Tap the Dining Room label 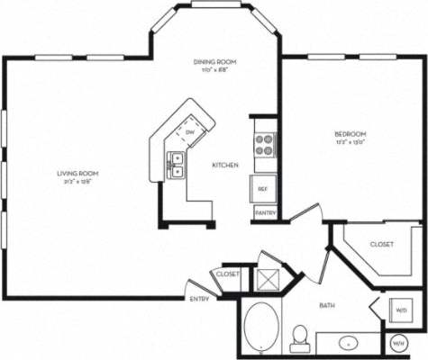[214, 60]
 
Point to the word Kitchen [224, 166]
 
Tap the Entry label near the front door [199, 299]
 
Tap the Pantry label [265, 213]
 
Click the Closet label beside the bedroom [381, 244]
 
